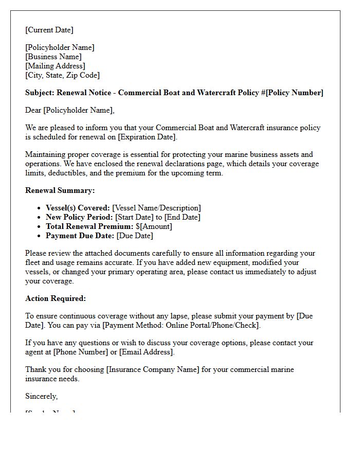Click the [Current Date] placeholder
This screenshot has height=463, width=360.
point(49,30)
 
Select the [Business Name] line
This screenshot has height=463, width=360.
point(53,57)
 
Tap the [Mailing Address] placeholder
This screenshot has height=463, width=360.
point(55,66)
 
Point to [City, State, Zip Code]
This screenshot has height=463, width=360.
point(62,75)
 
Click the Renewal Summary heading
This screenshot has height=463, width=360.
point(60,190)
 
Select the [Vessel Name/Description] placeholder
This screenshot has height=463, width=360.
point(156,208)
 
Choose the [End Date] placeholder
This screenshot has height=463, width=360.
point(182,217)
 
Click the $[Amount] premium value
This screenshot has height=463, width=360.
point(154,226)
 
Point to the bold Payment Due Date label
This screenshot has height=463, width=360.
point(80,236)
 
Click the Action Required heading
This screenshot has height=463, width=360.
point(56,298)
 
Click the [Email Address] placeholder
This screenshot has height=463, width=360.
point(146,352)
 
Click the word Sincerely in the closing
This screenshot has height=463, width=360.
point(41,396)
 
